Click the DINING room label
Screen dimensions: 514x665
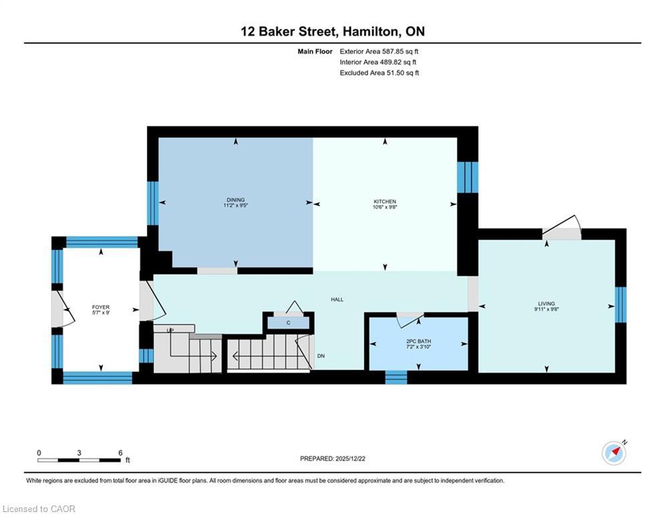point(235,199)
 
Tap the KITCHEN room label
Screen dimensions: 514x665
point(384,201)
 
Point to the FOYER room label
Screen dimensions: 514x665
point(101,307)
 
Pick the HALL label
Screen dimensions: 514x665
point(337,299)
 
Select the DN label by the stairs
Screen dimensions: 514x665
point(321,356)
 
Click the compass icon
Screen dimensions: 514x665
point(614,452)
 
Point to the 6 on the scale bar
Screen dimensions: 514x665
point(120,453)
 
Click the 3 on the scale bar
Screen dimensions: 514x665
point(79,453)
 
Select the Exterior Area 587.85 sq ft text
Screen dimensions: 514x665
point(379,51)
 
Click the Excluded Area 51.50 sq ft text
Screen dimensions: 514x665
point(379,73)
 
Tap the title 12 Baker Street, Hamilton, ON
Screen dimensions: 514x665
point(332,31)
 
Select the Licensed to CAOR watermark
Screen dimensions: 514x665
point(39,509)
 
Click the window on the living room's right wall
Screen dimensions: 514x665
point(620,305)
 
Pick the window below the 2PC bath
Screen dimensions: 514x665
point(396,377)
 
